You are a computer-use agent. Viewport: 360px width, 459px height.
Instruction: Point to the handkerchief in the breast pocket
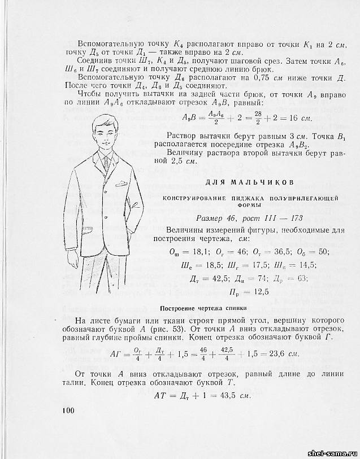coord(121,184)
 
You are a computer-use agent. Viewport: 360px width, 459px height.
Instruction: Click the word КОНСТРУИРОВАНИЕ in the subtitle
coord(197,198)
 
